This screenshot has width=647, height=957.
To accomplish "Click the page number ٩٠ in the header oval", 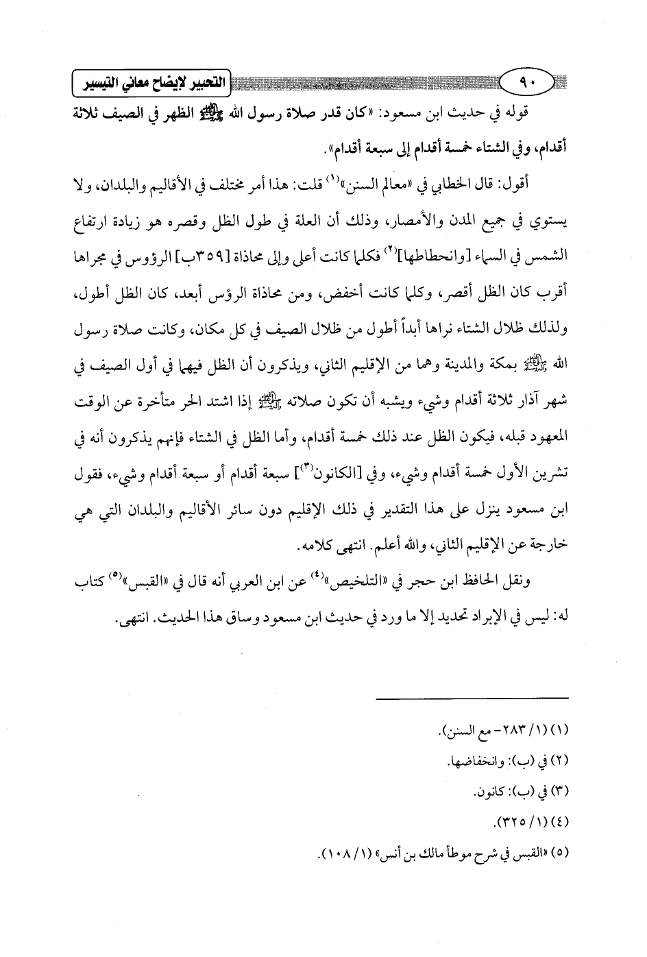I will pos(527,84).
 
